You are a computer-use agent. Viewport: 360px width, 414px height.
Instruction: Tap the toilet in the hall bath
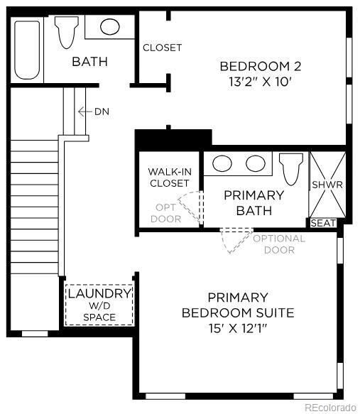coord(66,33)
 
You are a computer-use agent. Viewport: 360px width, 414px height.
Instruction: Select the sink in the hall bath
coord(109,27)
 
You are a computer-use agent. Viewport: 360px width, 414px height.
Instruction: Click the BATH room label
coord(89,62)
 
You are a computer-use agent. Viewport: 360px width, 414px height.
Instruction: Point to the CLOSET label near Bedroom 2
coord(162,48)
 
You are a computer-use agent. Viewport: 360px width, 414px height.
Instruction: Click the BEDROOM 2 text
coord(261,66)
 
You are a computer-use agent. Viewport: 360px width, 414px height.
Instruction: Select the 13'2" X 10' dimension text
coord(261,82)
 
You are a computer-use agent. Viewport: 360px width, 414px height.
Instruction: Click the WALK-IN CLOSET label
coord(168,178)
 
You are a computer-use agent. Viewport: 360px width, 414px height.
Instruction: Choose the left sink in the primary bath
coord(223,163)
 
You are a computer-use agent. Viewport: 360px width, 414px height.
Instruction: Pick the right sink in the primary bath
coord(255,163)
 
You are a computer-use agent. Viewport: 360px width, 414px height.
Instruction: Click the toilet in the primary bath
coord(291,168)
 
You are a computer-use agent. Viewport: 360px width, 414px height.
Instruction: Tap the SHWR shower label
coord(327,185)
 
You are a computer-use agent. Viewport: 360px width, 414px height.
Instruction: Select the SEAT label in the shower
coord(323,223)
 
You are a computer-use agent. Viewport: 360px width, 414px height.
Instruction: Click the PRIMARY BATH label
coord(253,202)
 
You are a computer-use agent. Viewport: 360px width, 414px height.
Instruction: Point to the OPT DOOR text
coord(165,213)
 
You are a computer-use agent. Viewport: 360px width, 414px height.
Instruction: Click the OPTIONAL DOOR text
coord(278,244)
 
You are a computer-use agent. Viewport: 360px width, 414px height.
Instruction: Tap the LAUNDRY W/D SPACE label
coord(99,305)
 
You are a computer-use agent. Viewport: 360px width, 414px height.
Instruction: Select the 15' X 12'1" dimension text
coord(238,328)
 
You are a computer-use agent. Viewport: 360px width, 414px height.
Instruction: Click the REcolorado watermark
coord(330,407)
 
